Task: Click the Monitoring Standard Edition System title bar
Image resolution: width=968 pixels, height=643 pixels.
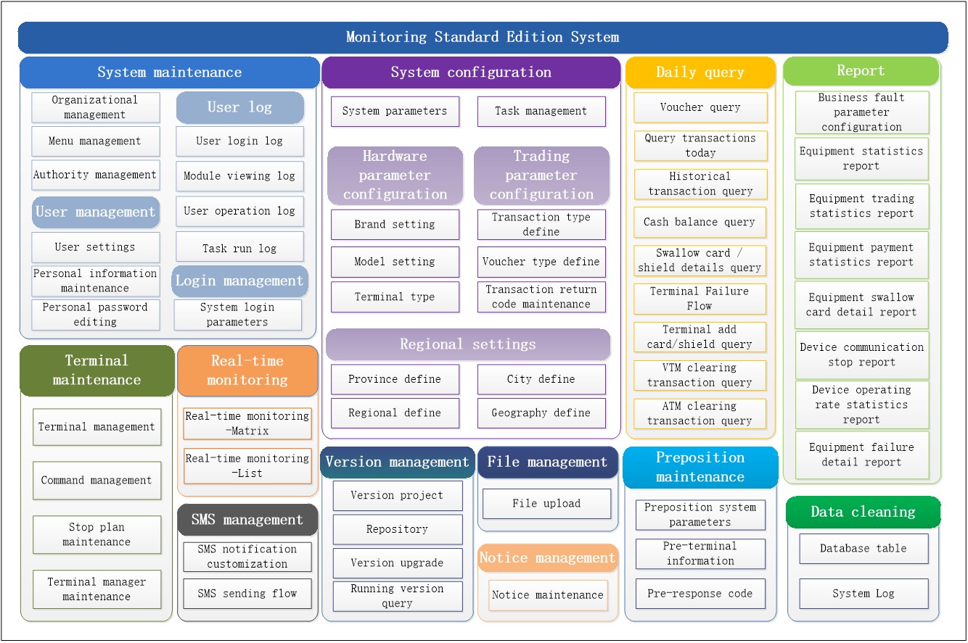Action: [x=483, y=37]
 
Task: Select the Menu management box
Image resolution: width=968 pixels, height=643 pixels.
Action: [x=95, y=141]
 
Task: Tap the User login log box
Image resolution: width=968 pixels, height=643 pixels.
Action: [x=239, y=141]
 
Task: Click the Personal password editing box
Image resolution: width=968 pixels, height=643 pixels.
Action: [x=95, y=315]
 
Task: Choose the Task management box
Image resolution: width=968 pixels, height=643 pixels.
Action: [x=541, y=112]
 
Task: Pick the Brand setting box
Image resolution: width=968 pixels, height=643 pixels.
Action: [x=395, y=225]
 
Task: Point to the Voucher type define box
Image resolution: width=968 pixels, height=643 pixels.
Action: [x=541, y=262]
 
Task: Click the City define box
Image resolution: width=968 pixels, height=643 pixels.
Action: [x=541, y=379]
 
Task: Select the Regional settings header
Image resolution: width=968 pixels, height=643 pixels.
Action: [x=468, y=344]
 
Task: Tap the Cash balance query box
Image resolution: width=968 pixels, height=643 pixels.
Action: [x=700, y=223]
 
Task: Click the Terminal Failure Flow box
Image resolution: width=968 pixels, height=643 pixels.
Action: [x=700, y=299]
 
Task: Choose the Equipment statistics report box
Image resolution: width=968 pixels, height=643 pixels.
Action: [x=861, y=159]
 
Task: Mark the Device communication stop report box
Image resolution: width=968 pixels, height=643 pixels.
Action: [x=861, y=355]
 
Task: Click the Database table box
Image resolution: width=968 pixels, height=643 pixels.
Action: [x=864, y=549]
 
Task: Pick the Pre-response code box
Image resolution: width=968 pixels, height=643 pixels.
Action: [x=700, y=594]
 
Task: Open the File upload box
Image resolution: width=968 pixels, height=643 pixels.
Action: [x=546, y=504]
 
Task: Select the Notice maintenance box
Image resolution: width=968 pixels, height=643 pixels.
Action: [x=548, y=595]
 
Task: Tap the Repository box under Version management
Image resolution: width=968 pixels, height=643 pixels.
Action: [x=397, y=530]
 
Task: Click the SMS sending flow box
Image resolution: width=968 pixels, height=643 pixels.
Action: [x=247, y=594]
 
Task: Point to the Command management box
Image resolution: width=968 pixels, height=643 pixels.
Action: [x=97, y=481]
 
